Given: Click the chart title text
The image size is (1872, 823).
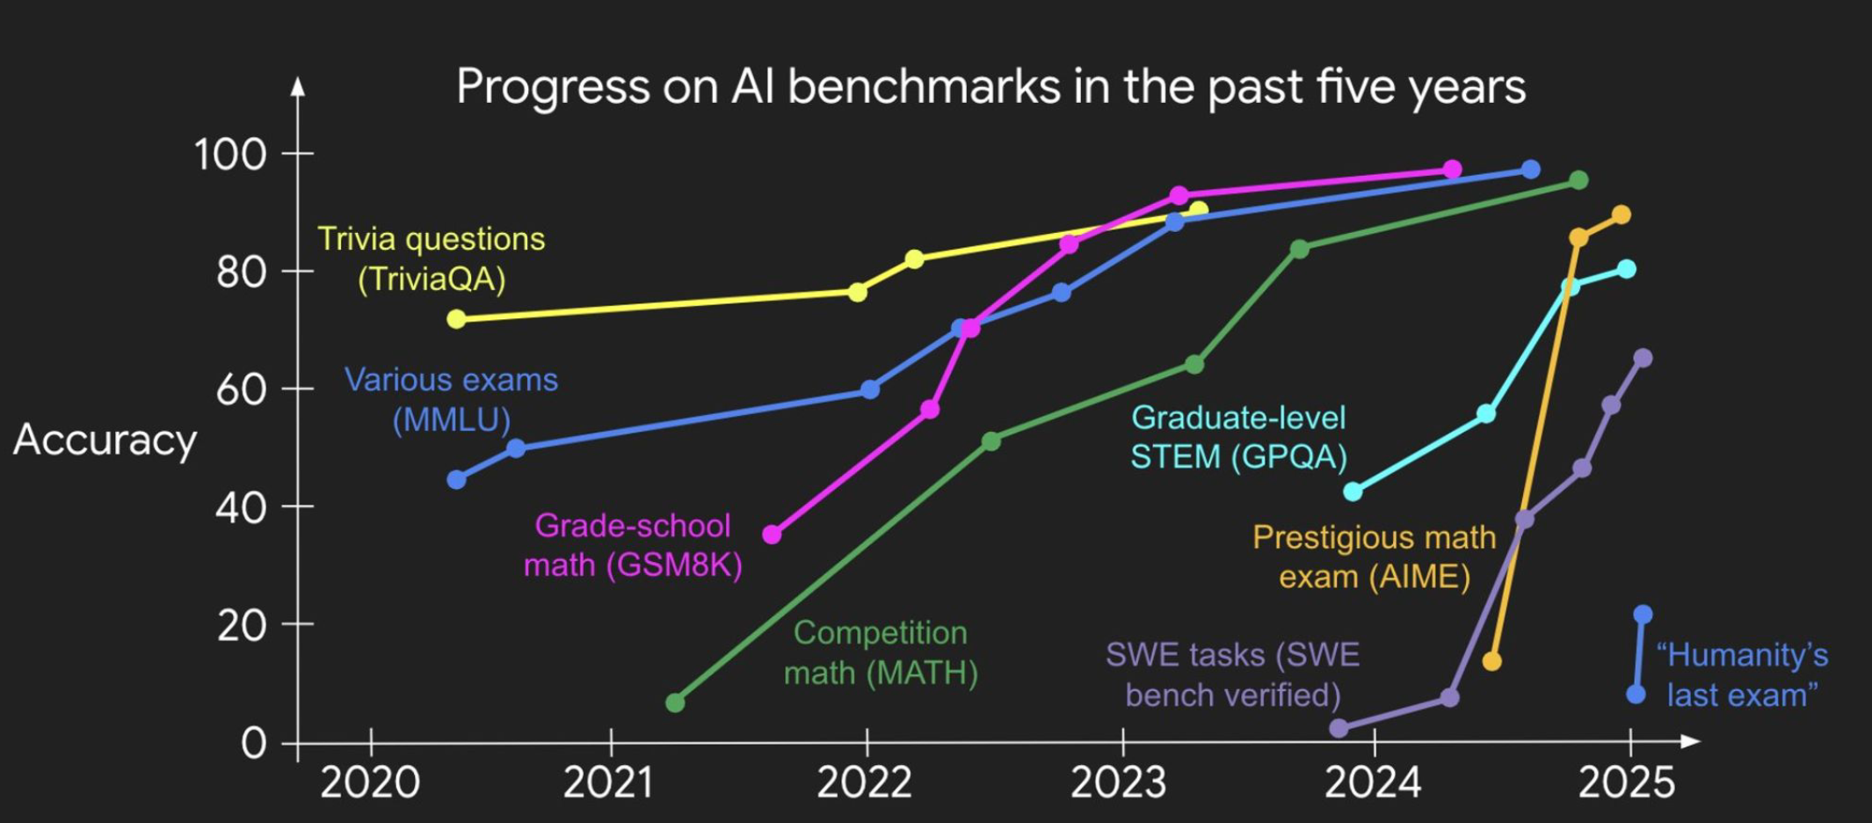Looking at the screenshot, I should (x=990, y=87).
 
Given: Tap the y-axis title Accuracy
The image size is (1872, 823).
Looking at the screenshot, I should (x=105, y=440).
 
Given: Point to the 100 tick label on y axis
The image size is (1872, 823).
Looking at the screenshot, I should (x=230, y=155).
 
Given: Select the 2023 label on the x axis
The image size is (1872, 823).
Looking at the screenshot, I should (x=1118, y=782).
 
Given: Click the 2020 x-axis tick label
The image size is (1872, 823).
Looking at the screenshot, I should (x=370, y=782).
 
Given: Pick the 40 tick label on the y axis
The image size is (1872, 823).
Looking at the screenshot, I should (x=241, y=508).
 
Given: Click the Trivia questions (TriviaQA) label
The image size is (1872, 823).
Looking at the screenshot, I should (x=432, y=259).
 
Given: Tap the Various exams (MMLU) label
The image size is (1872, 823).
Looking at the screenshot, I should (x=451, y=399).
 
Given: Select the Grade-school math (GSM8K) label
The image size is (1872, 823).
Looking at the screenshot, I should (x=633, y=544).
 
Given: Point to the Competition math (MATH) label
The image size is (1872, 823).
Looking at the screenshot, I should (x=881, y=652).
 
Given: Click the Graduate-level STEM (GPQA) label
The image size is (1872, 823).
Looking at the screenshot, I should (x=1238, y=437).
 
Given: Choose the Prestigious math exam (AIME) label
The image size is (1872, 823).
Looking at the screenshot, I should (x=1374, y=557).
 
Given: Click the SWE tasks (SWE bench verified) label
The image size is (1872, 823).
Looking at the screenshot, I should (x=1233, y=674).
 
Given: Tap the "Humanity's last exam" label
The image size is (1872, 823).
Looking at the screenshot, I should (x=1742, y=674).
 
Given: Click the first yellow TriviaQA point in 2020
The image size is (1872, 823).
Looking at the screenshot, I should (x=456, y=319).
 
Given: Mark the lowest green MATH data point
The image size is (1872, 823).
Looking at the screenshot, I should (x=675, y=703).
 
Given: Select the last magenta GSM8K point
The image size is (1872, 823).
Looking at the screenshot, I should (x=1452, y=169).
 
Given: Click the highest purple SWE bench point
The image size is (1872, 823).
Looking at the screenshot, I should (x=1643, y=358).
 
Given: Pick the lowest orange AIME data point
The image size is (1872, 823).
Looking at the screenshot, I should (x=1491, y=661).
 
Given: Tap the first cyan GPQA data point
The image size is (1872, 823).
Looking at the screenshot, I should (x=1353, y=492).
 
